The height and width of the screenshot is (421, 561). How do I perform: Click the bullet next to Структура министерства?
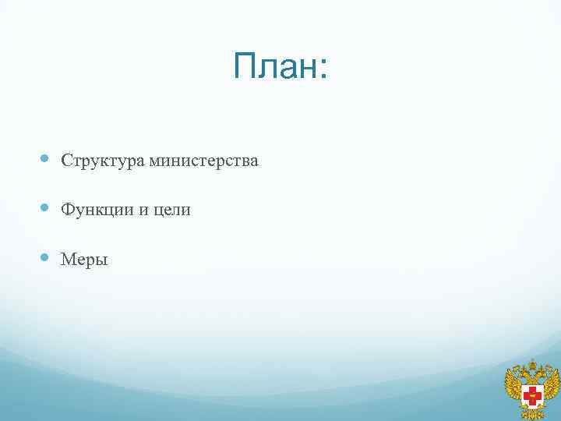pyautogui.click(x=44, y=159)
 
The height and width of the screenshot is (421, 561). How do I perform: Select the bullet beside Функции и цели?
pyautogui.click(x=44, y=208)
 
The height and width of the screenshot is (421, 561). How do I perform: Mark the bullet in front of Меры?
pyautogui.click(x=44, y=256)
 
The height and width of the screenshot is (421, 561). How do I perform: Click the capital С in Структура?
pyautogui.click(x=66, y=161)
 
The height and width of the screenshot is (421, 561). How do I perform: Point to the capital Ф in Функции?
pyautogui.click(x=68, y=210)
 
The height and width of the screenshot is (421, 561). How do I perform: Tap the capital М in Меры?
pyautogui.click(x=68, y=259)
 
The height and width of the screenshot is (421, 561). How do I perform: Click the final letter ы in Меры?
pyautogui.click(x=102, y=260)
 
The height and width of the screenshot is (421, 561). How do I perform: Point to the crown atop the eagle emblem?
pyautogui.click(x=534, y=365)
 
